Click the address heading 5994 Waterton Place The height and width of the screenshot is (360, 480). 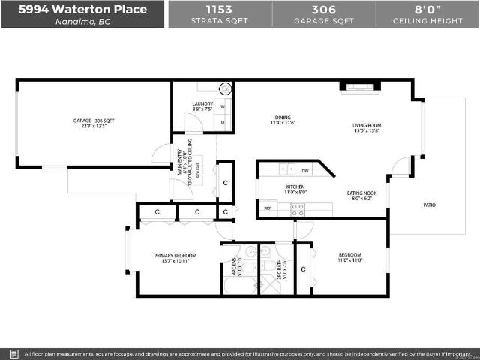coord(82,10)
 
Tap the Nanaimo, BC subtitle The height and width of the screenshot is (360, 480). coord(82,22)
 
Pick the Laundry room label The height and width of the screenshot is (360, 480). coord(202,104)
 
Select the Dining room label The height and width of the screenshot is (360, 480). coord(282,118)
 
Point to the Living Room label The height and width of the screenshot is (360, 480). coord(367,125)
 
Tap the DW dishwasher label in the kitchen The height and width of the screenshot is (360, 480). coord(305,170)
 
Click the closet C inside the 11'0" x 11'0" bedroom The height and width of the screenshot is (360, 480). coord(304,268)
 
